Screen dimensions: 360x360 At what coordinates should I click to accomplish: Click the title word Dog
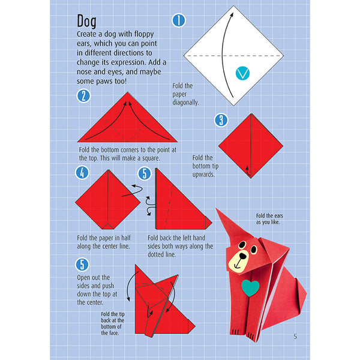(x=86, y=22)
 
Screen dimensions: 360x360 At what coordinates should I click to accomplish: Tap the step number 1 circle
(x=179, y=20)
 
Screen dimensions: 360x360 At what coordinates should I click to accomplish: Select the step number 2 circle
(x=83, y=96)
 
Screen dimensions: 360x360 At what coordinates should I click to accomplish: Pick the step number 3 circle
(x=221, y=120)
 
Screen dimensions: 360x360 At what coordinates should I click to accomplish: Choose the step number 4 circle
(x=82, y=173)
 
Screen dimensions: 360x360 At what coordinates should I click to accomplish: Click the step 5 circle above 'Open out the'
(x=82, y=265)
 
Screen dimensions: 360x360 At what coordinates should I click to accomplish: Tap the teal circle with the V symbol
(x=242, y=73)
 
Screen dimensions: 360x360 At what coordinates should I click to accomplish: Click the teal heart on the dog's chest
(x=250, y=287)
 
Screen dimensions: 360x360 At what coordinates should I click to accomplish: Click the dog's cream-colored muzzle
(x=240, y=261)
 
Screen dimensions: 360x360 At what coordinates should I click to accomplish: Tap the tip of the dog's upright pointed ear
(x=216, y=209)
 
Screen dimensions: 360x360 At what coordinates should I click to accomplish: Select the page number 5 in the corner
(x=295, y=337)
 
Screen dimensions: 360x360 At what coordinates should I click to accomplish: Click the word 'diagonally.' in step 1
(x=185, y=103)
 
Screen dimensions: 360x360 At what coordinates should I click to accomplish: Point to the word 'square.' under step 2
(x=151, y=158)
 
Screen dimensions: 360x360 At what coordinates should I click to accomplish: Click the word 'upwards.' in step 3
(x=203, y=175)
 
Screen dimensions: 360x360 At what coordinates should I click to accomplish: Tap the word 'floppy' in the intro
(x=144, y=34)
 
